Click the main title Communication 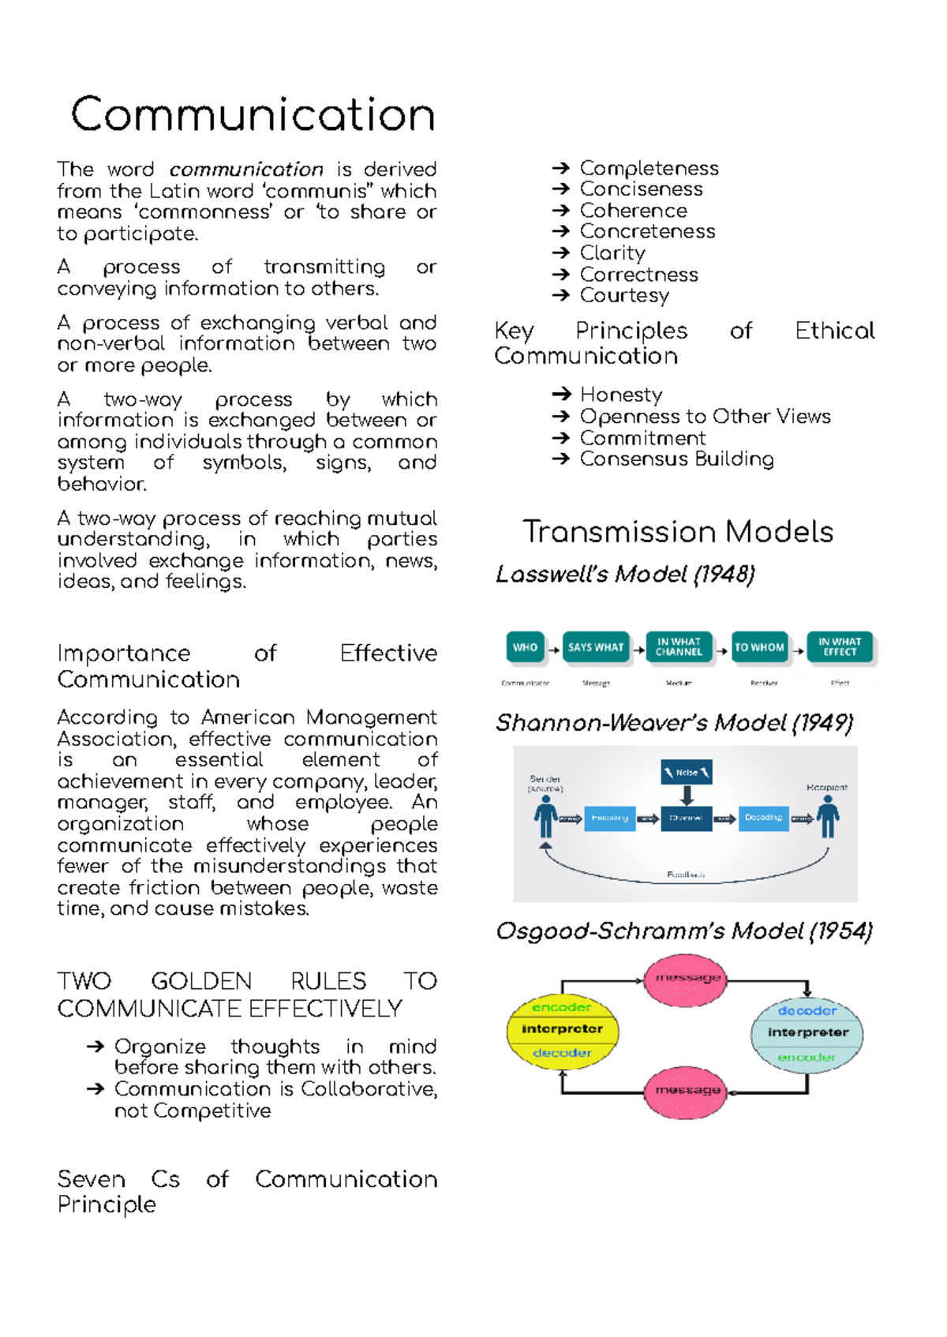click(253, 115)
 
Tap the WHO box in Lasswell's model click(525, 647)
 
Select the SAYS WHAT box click(596, 647)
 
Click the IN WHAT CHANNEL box click(679, 647)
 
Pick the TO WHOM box click(759, 647)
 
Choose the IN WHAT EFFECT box click(840, 647)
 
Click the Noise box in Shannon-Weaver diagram click(687, 772)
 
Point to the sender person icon click(545, 816)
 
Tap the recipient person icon click(828, 816)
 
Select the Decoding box click(763, 818)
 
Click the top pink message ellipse click(687, 979)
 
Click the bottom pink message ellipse click(687, 1091)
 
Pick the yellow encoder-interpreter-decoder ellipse click(562, 1030)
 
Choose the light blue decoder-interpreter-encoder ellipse click(807, 1034)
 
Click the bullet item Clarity click(612, 253)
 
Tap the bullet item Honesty click(621, 395)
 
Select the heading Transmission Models click(678, 532)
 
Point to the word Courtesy click(624, 296)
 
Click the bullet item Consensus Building click(676, 459)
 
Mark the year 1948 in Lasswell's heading click(724, 575)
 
